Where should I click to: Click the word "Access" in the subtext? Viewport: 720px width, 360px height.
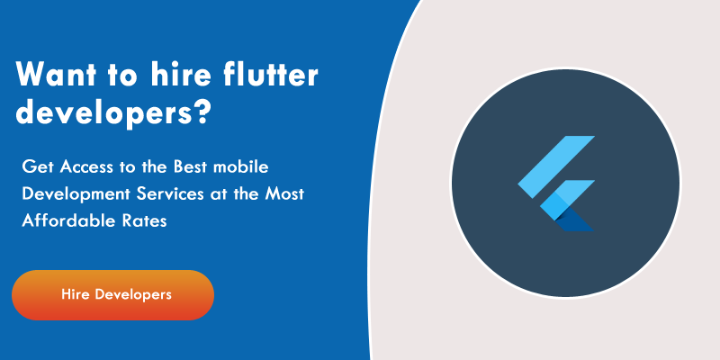87,167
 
